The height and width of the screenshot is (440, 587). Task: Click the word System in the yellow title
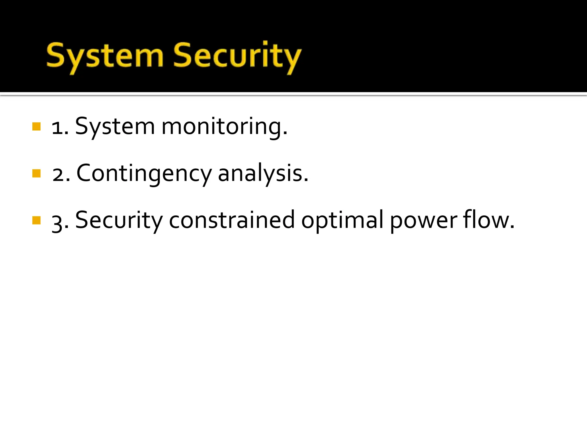[x=104, y=56]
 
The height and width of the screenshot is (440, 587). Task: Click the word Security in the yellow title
[x=237, y=56]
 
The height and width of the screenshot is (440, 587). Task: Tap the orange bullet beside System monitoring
[x=36, y=126]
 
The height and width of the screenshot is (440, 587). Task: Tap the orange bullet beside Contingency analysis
[x=36, y=173]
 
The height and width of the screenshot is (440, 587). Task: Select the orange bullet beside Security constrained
[x=36, y=220]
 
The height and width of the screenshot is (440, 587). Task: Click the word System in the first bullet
[x=115, y=127]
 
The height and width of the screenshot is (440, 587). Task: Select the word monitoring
[x=224, y=127]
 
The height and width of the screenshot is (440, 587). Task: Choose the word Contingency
[x=144, y=174]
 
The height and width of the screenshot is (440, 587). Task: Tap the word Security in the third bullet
[x=119, y=221]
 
